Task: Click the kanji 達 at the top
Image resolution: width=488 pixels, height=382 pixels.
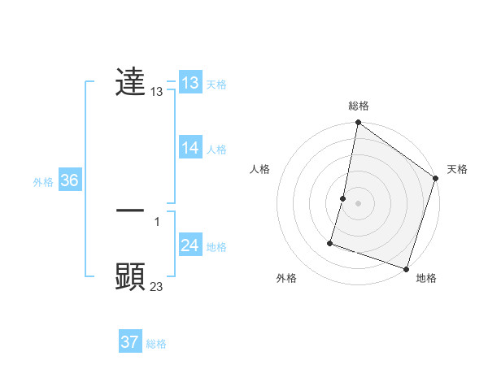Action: tap(130, 82)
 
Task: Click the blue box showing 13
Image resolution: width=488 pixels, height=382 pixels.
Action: tap(190, 83)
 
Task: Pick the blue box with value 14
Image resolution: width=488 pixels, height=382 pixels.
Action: tap(190, 148)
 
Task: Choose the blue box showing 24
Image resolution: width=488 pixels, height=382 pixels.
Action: tap(190, 245)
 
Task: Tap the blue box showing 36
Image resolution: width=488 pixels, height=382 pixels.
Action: tap(69, 180)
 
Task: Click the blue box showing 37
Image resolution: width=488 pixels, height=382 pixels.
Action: tap(129, 342)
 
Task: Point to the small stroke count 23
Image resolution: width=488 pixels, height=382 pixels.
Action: tap(157, 286)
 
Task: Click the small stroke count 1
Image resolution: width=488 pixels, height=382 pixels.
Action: tap(157, 221)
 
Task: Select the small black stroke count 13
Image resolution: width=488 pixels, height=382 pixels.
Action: tap(157, 93)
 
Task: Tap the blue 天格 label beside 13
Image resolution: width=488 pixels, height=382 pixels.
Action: tap(216, 84)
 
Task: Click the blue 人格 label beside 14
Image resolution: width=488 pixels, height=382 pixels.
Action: tap(216, 149)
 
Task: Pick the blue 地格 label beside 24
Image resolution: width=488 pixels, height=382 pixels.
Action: tap(216, 246)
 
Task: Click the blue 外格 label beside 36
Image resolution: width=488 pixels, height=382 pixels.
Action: tap(43, 182)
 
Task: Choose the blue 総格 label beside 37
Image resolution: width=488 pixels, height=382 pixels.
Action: tap(156, 344)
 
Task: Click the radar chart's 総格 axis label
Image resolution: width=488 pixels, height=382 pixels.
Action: tap(359, 106)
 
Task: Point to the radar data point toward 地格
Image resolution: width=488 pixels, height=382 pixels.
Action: tap(406, 268)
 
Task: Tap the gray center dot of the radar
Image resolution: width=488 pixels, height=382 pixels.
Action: tap(358, 202)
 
